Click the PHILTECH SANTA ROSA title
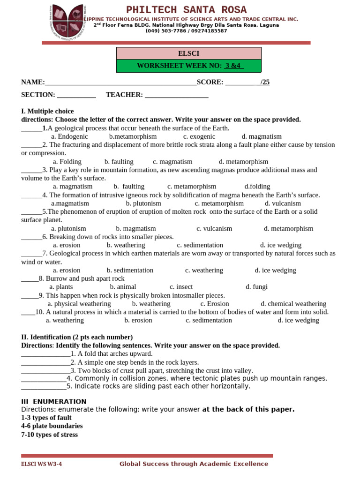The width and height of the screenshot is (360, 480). [x=187, y=10]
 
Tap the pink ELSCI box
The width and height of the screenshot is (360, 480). [x=188, y=53]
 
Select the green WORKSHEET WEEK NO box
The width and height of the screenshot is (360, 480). [x=188, y=66]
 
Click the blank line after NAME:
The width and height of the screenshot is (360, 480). [x=120, y=82]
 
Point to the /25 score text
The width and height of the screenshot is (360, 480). [x=265, y=82]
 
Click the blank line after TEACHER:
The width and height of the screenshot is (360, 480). [x=176, y=95]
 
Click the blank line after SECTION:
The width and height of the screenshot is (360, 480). [x=76, y=95]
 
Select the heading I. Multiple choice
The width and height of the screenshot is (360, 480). [x=47, y=111]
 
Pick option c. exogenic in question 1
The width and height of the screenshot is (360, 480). [x=199, y=136]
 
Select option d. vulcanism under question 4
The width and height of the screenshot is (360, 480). [x=283, y=203]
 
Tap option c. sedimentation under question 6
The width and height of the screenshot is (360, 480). [x=200, y=245]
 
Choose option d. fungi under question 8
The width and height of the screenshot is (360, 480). [x=256, y=287]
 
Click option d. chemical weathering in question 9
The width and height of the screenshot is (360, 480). [x=293, y=304]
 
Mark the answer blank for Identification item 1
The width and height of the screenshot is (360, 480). [x=45, y=354]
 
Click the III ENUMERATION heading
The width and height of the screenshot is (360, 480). [x=54, y=401]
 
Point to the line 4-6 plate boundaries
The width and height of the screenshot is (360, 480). [x=52, y=426]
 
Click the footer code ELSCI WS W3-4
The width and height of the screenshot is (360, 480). [x=41, y=464]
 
